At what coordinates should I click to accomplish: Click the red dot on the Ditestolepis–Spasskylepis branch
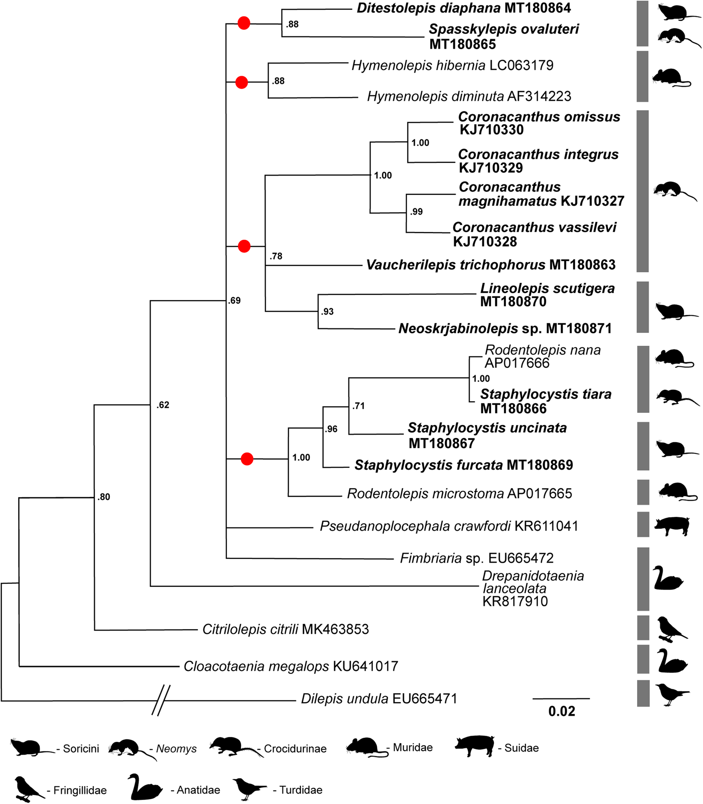(x=244, y=23)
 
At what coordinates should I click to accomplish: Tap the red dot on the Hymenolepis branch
(x=241, y=82)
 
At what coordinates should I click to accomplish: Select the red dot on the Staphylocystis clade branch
(x=247, y=459)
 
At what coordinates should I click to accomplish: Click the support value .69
(x=235, y=301)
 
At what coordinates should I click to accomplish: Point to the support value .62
(x=163, y=405)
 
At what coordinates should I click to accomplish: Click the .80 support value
(x=104, y=497)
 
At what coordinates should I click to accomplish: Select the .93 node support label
(x=327, y=312)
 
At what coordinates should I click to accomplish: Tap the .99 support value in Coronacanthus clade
(x=417, y=212)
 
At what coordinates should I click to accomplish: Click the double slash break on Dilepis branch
(x=161, y=700)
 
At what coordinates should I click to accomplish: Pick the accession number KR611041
(x=546, y=526)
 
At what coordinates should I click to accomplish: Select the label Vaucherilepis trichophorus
(x=456, y=265)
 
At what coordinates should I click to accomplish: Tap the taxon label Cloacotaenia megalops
(x=256, y=666)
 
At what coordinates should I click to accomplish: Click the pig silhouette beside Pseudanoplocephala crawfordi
(x=672, y=525)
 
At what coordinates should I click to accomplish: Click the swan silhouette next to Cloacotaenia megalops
(x=671, y=661)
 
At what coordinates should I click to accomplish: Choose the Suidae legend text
(x=521, y=748)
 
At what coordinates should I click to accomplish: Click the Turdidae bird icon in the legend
(x=249, y=788)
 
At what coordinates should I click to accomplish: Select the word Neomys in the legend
(x=176, y=749)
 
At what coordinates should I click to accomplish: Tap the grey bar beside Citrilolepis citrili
(x=643, y=628)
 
